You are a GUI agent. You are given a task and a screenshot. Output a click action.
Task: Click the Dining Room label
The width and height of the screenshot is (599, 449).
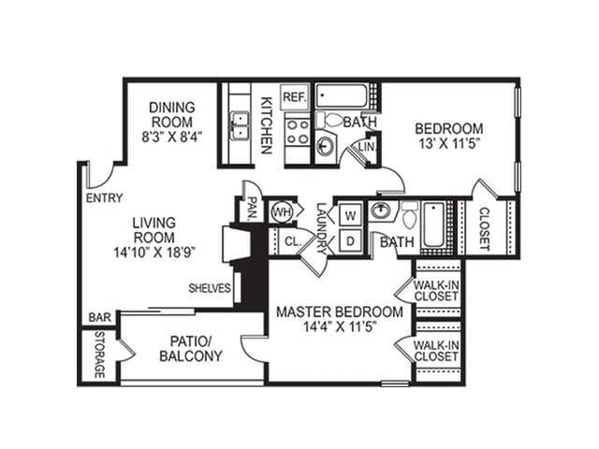coord(170,115)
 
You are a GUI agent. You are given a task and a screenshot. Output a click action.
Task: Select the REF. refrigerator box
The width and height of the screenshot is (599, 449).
coord(295,96)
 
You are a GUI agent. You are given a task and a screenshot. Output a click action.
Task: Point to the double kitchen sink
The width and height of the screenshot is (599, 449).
coord(240,124)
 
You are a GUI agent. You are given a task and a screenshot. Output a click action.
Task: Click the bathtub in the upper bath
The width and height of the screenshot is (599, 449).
coord(344,96)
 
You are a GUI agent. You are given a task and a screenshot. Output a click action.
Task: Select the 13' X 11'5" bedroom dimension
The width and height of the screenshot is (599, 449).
coord(449,145)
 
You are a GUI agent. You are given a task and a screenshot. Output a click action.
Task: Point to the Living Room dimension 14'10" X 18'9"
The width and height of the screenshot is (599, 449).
coord(154,251)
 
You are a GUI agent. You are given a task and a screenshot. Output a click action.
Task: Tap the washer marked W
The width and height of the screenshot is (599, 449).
coord(350,213)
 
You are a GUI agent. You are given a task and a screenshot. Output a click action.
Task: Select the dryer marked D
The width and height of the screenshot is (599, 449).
coord(350,240)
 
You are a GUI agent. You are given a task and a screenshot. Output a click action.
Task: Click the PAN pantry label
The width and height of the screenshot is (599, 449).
coord(251,208)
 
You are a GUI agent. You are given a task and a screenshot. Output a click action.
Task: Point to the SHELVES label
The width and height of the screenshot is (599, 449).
coord(209,288)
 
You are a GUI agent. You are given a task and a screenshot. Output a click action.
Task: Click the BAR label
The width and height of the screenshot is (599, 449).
coord(100,318)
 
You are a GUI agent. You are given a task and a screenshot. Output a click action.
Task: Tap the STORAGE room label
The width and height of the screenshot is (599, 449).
coord(99,355)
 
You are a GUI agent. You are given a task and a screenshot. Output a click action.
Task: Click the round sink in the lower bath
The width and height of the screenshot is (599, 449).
coord(381,210)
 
